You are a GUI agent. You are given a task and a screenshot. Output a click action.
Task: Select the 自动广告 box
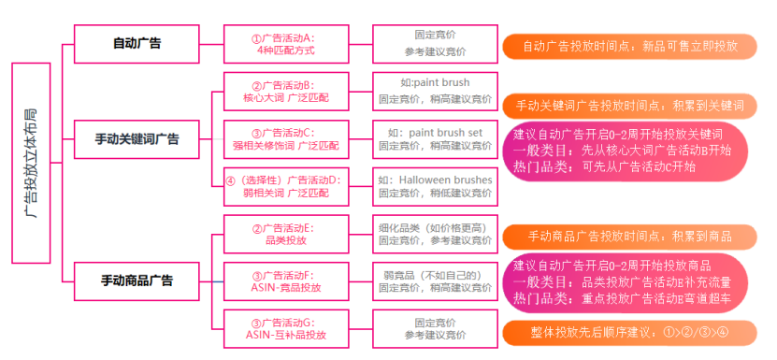[x=137, y=43]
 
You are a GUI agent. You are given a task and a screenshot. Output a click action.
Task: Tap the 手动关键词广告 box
[x=137, y=138]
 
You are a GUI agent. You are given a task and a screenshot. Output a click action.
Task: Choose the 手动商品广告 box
[x=137, y=280]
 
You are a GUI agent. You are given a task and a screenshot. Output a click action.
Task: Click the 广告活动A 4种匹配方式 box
[x=286, y=44]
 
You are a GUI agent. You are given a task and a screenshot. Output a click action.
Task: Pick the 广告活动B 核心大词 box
[x=286, y=91]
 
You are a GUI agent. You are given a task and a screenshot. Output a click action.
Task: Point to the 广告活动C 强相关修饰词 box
[x=286, y=138]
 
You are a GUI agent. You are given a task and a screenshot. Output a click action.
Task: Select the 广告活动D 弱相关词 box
[x=286, y=186]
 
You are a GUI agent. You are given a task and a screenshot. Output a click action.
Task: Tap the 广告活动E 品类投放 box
[x=286, y=234]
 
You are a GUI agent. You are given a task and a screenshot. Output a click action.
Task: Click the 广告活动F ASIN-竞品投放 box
[x=286, y=281]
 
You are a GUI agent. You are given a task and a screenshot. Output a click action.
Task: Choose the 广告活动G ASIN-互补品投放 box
[x=286, y=328]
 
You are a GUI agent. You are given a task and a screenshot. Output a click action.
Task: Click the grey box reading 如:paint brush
[x=434, y=91]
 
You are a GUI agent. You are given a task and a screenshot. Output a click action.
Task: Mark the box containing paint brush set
[x=434, y=138]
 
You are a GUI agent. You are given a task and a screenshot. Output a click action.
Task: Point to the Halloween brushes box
[x=434, y=186]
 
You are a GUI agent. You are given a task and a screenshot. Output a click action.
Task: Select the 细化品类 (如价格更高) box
[x=434, y=234]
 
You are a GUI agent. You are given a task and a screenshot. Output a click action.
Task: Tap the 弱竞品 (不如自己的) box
[x=434, y=281]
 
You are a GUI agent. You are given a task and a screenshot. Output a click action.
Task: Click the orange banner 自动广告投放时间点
[x=629, y=46]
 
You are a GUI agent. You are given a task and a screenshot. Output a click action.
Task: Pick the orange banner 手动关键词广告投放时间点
[x=629, y=105]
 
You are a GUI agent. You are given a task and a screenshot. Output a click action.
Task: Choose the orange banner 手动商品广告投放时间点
[x=629, y=237]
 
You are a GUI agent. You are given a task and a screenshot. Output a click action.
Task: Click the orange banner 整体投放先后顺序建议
[x=629, y=331]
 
